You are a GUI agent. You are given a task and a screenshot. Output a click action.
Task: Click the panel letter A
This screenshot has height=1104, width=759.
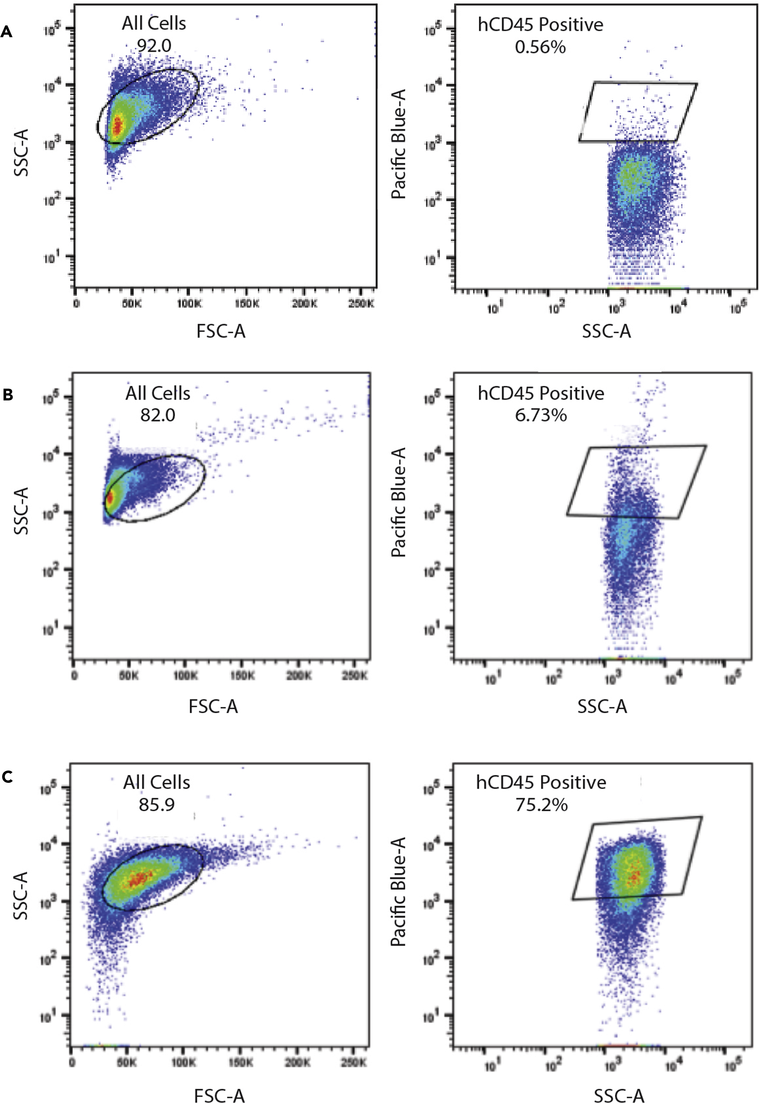[6, 32]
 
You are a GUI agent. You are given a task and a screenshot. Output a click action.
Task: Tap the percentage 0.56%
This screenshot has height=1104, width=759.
[540, 47]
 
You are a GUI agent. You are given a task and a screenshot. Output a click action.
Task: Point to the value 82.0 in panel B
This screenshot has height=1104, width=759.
[157, 415]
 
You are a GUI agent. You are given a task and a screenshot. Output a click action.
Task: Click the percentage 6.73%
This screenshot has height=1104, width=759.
[541, 415]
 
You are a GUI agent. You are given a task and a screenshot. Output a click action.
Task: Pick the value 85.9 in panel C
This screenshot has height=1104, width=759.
[156, 804]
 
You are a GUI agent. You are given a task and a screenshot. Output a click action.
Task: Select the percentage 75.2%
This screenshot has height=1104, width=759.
[541, 804]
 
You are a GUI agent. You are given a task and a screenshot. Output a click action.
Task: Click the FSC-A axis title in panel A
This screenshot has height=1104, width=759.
[221, 331]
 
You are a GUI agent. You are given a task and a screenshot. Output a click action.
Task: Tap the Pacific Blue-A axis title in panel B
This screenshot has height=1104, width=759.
[398, 502]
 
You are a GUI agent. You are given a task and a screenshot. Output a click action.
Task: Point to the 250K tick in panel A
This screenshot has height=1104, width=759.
[361, 304]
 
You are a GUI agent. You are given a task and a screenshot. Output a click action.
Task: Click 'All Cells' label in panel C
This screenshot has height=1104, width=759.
[156, 782]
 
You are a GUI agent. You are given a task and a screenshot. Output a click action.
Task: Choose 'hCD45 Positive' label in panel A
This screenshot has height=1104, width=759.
[540, 24]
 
